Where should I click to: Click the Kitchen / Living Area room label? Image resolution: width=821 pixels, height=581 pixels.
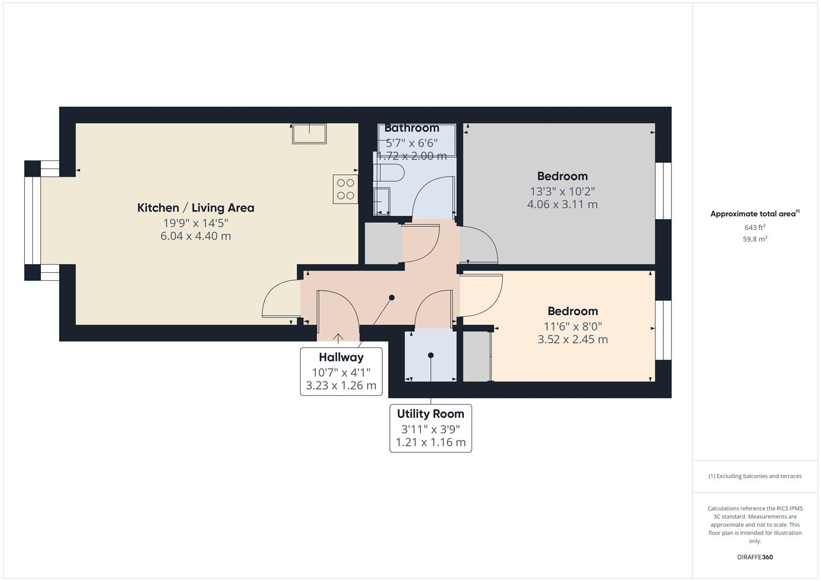click(x=196, y=208)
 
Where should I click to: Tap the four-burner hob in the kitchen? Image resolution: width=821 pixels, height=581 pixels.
click(x=345, y=189)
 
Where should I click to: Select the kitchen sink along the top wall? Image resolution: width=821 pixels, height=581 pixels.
click(x=309, y=133)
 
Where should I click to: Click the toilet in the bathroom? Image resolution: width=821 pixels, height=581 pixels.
click(x=389, y=173)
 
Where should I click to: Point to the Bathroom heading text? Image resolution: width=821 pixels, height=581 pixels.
click(x=412, y=128)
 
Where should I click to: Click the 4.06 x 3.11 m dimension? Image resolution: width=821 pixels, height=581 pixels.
click(x=562, y=204)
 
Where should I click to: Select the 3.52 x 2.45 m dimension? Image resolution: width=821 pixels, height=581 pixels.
click(x=573, y=339)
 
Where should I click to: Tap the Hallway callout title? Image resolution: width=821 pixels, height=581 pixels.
click(x=341, y=357)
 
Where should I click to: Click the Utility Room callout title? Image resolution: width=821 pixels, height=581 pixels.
click(x=430, y=414)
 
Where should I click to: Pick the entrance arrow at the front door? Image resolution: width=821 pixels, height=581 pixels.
click(x=338, y=338)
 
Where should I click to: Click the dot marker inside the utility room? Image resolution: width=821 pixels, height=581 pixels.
click(x=431, y=355)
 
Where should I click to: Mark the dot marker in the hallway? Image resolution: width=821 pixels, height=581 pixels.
click(x=392, y=297)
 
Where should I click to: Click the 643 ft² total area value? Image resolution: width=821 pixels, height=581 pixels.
click(x=755, y=228)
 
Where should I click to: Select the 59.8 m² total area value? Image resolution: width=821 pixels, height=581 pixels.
click(x=755, y=239)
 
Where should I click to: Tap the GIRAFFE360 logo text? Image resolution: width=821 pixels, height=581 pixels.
click(x=755, y=557)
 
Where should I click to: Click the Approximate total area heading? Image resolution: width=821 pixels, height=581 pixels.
click(x=754, y=214)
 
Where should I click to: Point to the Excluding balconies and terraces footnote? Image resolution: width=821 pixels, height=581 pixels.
click(x=755, y=476)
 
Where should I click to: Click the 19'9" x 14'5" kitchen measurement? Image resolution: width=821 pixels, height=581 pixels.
click(x=196, y=223)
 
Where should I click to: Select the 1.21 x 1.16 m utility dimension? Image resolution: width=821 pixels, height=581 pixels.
click(x=431, y=443)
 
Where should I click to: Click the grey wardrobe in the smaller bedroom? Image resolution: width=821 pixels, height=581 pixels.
click(x=476, y=357)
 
